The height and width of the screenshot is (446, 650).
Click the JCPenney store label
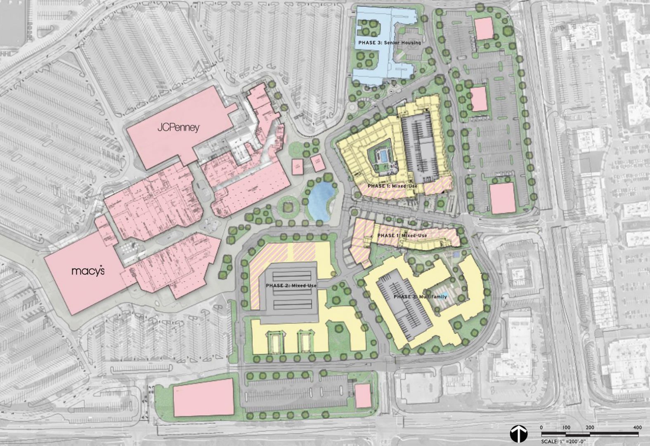coord(178,128)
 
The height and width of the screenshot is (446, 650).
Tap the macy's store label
coord(88,271)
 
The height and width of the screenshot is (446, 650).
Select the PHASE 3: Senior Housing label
coord(390,43)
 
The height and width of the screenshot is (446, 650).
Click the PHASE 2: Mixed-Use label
coord(291,286)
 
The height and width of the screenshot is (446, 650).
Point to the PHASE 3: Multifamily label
coord(420,297)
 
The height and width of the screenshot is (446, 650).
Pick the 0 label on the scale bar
coord(541,427)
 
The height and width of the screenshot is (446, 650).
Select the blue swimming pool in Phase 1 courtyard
coord(383,157)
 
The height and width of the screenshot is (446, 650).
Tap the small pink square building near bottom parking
coord(363,395)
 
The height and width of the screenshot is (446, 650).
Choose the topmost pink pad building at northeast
coord(484,29)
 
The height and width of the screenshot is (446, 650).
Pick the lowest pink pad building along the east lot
coord(502,198)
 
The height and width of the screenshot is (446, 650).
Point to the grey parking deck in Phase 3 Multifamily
coord(404,308)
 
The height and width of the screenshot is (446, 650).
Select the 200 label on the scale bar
coord(590,427)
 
